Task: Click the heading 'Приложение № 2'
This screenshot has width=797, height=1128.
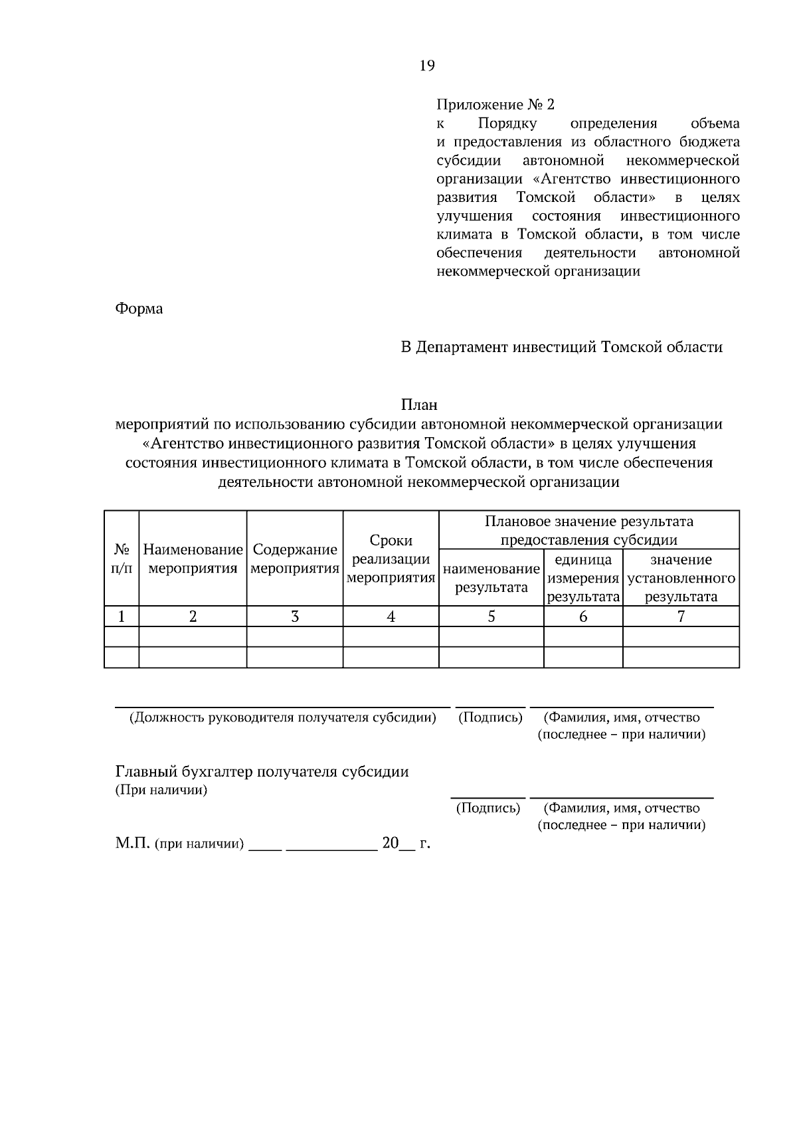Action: click(x=495, y=105)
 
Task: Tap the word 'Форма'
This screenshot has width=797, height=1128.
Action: click(x=139, y=309)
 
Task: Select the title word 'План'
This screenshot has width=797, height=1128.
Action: click(x=419, y=405)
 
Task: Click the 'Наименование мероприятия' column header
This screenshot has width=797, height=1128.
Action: click(x=193, y=559)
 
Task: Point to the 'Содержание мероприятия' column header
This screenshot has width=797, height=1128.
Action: click(x=295, y=559)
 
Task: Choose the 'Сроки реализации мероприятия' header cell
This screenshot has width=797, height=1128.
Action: click(x=391, y=559)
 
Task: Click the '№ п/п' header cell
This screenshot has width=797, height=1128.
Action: click(x=122, y=559)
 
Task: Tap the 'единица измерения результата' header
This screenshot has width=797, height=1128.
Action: click(x=583, y=578)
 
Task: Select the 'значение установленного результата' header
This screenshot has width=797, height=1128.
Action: click(x=681, y=578)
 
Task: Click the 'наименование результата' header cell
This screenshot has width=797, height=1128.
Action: click(x=491, y=578)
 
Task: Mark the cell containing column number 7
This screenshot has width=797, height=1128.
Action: click(x=681, y=616)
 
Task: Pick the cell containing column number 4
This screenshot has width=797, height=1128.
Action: click(x=391, y=616)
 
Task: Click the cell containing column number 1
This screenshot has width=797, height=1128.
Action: click(x=122, y=616)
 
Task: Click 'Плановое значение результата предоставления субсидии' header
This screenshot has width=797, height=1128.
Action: click(x=589, y=530)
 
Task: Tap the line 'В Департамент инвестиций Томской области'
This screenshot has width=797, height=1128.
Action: click(x=561, y=347)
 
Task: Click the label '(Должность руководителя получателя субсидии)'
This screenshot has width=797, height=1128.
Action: click(x=282, y=717)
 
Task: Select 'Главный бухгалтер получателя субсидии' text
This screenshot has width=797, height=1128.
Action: click(x=262, y=772)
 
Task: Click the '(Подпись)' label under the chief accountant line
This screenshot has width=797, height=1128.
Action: click(x=488, y=808)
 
